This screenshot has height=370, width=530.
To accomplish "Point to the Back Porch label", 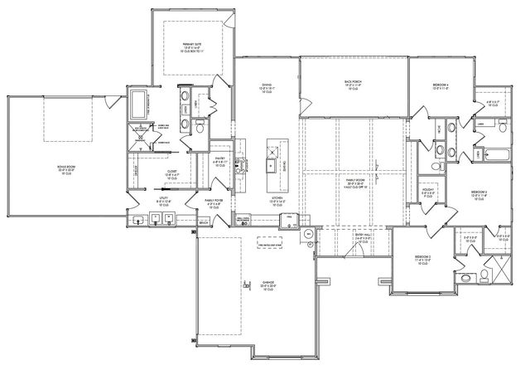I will [x=356, y=85].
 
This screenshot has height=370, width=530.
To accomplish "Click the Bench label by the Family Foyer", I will [x=204, y=222].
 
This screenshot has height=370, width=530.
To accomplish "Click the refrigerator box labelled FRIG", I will [x=290, y=220].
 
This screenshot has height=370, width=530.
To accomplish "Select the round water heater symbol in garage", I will [x=306, y=234].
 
